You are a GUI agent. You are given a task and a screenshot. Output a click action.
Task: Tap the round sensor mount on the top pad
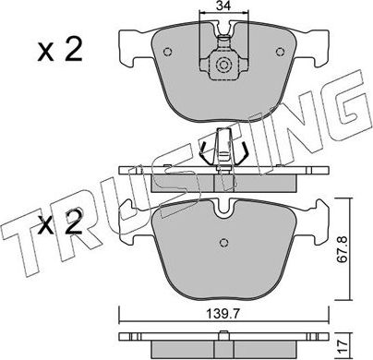pos(222,66)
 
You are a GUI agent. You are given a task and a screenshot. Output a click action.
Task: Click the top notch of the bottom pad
pos(222,210)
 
